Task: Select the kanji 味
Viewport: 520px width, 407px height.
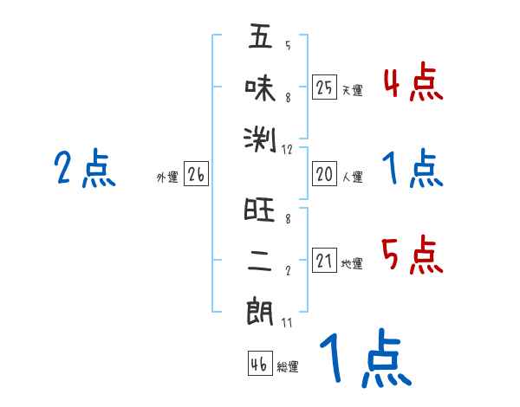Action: click(x=260, y=87)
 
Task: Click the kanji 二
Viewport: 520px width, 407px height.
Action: click(x=260, y=261)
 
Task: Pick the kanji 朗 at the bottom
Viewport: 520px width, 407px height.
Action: click(x=260, y=310)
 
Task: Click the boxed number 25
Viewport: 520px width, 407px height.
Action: click(x=324, y=87)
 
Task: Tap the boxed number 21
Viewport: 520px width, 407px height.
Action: click(x=324, y=262)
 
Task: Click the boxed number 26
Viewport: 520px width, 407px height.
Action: click(x=196, y=175)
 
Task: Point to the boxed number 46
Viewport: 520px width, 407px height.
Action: click(x=259, y=364)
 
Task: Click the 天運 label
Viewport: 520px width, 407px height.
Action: click(x=352, y=90)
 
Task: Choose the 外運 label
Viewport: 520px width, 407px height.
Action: click(x=166, y=178)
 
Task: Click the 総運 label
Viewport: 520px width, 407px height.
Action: click(x=287, y=366)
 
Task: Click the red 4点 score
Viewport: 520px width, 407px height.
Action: click(x=413, y=83)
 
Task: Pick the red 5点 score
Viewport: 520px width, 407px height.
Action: click(x=413, y=256)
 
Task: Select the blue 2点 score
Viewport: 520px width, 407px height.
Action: click(x=85, y=169)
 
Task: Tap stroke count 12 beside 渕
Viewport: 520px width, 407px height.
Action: click(x=289, y=150)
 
